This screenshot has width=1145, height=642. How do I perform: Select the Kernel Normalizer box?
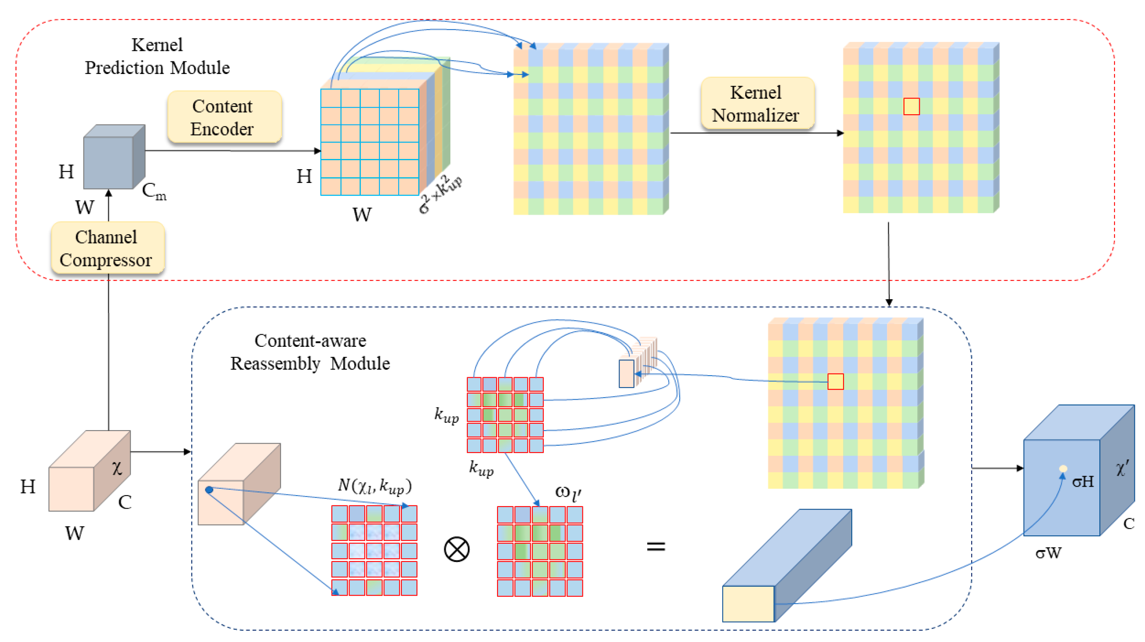click(x=757, y=104)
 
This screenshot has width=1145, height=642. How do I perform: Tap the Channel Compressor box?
click(x=107, y=248)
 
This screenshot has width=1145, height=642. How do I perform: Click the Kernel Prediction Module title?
click(x=157, y=57)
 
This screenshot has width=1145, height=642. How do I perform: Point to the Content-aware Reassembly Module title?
click(x=310, y=352)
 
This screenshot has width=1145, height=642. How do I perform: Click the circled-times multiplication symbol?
click(x=456, y=549)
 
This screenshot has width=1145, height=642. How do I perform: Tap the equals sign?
click(x=656, y=546)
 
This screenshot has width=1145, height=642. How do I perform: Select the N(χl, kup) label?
click(x=375, y=485)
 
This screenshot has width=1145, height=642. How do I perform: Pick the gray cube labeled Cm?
click(x=114, y=158)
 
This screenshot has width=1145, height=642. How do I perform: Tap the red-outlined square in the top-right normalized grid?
click(x=911, y=107)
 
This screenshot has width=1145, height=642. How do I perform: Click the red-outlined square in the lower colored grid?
click(x=835, y=382)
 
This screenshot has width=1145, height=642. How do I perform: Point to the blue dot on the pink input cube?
click(x=209, y=490)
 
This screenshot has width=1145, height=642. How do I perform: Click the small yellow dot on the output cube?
click(x=1063, y=468)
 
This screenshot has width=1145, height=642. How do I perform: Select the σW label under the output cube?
click(x=1048, y=553)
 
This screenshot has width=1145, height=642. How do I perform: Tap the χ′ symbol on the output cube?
click(x=1122, y=468)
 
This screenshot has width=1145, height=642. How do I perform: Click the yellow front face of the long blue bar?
click(x=748, y=603)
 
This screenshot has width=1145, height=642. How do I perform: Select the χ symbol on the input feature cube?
click(x=116, y=468)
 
